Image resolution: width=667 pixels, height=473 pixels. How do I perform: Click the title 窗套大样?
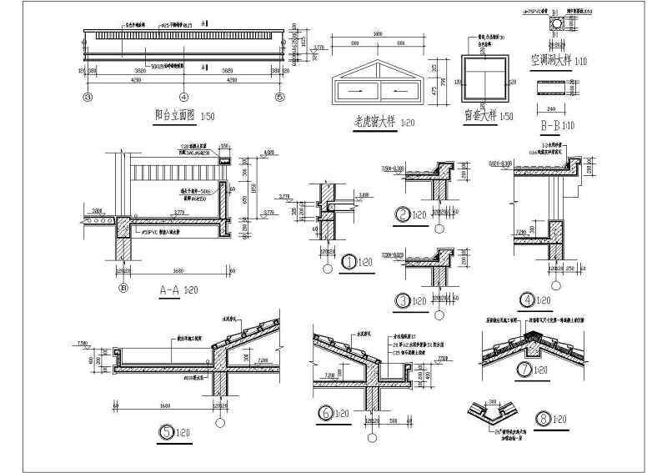pos(481,117)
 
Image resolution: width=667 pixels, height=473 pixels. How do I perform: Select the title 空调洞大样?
pos(552,61)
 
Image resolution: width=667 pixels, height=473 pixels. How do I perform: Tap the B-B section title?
pos(546,127)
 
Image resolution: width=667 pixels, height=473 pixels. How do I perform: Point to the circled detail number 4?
pos(526,299)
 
